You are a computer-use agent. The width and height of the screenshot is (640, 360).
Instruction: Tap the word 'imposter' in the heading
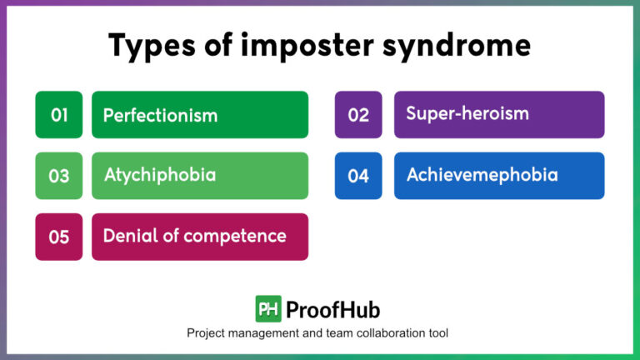pyautogui.click(x=288, y=47)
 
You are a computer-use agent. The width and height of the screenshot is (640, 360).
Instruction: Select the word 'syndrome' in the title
pyautogui.click(x=451, y=47)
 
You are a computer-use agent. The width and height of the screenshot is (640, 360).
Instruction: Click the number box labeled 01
pyautogui.click(x=59, y=115)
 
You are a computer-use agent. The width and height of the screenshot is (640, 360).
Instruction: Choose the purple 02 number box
pyautogui.click(x=358, y=115)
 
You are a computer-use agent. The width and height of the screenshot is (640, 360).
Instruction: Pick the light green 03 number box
pyautogui.click(x=59, y=176)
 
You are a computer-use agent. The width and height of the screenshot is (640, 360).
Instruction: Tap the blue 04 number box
pyautogui.click(x=358, y=176)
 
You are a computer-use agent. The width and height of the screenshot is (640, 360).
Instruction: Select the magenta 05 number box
pyautogui.click(x=59, y=237)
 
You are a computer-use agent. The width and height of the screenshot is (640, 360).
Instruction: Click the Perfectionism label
pyautogui.click(x=160, y=115)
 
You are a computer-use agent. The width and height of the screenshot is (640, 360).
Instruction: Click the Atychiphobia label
pyautogui.click(x=160, y=175)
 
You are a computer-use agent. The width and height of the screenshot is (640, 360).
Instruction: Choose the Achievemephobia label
pyautogui.click(x=482, y=175)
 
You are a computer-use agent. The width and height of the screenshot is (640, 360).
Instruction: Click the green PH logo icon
pyautogui.click(x=268, y=309)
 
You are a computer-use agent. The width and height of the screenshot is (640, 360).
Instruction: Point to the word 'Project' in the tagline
pyautogui.click(x=207, y=333)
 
